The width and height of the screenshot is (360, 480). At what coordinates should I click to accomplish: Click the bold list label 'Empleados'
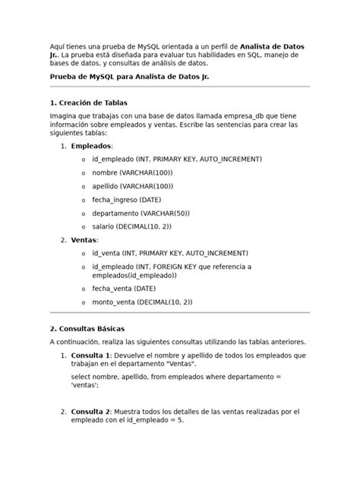(91, 146)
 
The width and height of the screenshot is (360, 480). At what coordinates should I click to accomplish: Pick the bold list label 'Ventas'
(84, 240)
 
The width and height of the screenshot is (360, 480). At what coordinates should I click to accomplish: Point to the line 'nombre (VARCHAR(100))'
(133, 172)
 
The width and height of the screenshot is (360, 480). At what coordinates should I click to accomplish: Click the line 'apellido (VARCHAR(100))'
(132, 186)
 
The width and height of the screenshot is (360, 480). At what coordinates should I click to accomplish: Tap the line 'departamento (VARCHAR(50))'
(141, 213)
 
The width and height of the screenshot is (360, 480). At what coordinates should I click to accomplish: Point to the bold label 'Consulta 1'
(91, 355)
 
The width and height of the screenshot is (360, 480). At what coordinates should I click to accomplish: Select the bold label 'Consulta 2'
(91, 411)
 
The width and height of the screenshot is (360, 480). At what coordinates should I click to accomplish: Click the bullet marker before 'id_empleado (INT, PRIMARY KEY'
(82, 159)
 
